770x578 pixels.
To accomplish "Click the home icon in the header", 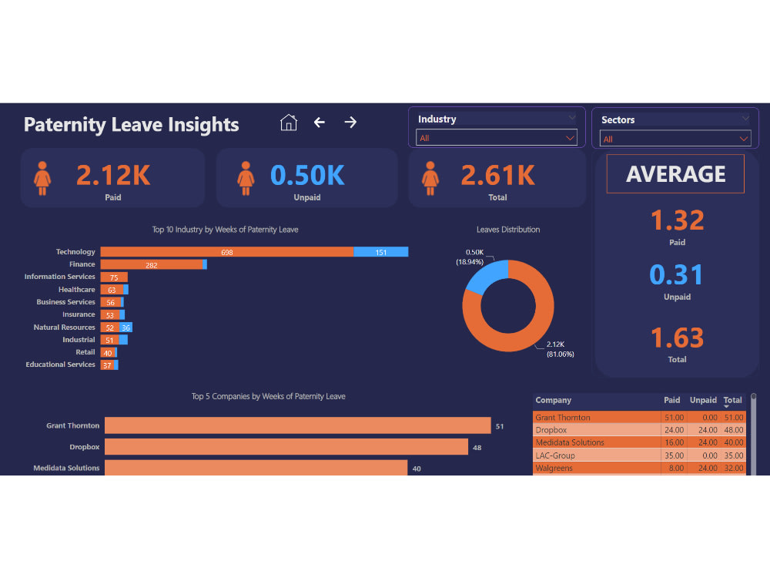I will click(x=289, y=123).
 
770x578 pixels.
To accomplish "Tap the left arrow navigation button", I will click(x=320, y=123).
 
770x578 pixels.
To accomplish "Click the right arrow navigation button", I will click(x=350, y=123).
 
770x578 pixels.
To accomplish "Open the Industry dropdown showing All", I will click(x=497, y=138).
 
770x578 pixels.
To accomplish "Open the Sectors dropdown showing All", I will click(x=675, y=139).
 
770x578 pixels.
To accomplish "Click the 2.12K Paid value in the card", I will click(x=113, y=176).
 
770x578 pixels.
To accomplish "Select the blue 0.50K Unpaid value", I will click(x=307, y=176).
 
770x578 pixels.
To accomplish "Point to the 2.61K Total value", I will click(x=497, y=176).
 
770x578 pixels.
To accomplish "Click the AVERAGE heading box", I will click(x=675, y=173).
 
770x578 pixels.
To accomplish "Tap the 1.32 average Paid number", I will click(x=677, y=221).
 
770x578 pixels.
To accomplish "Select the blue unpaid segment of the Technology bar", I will click(x=381, y=252).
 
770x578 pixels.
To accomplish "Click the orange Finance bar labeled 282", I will click(x=152, y=264).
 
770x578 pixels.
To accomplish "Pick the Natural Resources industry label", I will click(x=64, y=328).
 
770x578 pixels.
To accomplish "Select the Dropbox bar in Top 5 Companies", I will click(x=286, y=447).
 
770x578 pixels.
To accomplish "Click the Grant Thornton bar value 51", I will click(x=500, y=426).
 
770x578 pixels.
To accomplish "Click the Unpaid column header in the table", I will click(x=703, y=401).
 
